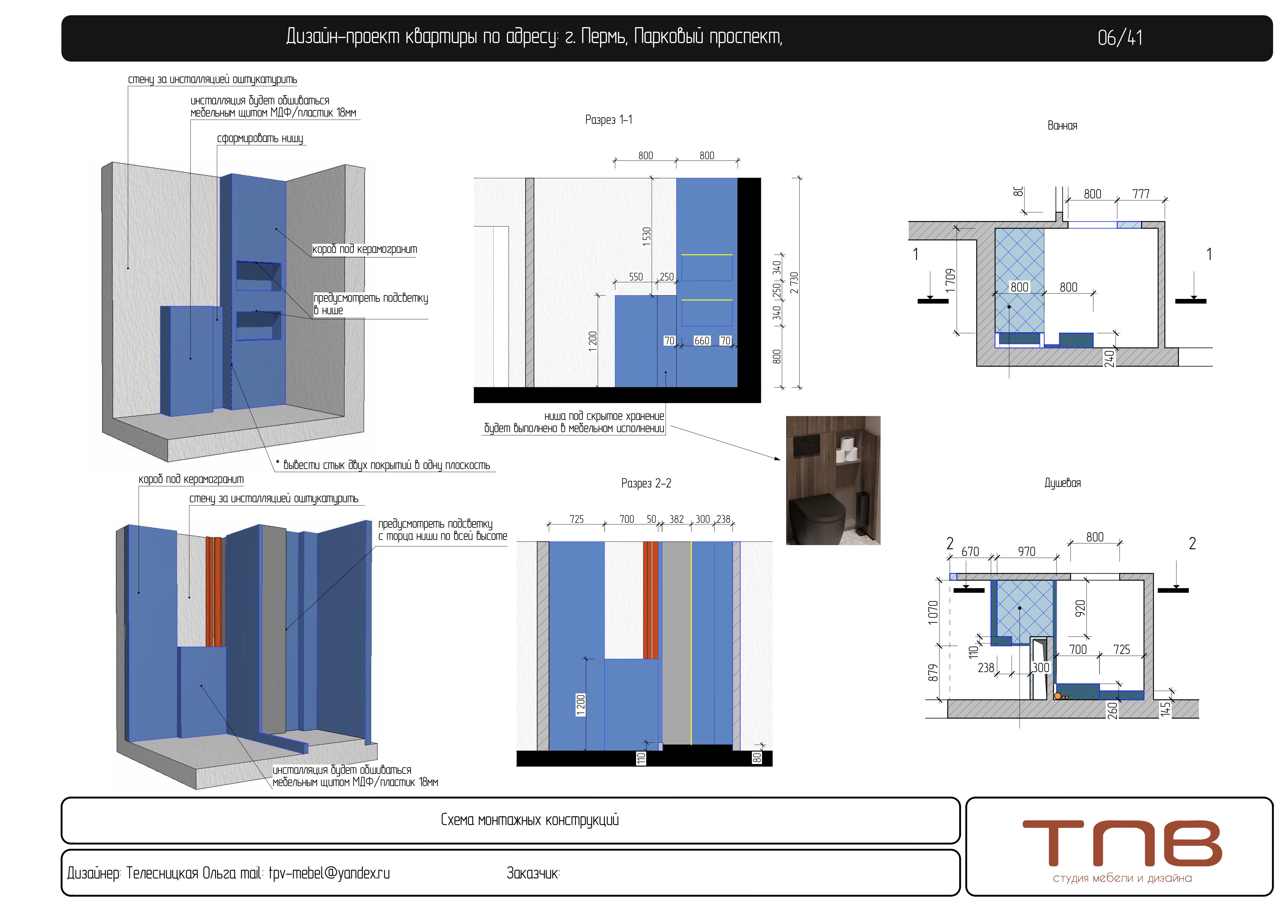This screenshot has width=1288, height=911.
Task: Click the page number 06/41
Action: coord(1120,38)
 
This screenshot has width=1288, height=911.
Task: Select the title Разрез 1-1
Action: coord(609,119)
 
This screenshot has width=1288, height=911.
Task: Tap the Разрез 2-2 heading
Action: coord(646,483)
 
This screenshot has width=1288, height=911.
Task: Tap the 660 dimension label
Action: coord(702,340)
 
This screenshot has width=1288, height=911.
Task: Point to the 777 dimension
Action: coord(1141,194)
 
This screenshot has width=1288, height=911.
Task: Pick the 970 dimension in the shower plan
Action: coord(1027,551)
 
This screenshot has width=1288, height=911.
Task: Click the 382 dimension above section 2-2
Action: coord(677,519)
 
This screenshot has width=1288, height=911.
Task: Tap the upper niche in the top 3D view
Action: coord(258,276)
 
